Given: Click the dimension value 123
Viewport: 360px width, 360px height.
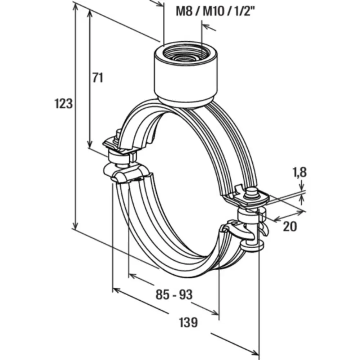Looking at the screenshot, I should click(x=64, y=104).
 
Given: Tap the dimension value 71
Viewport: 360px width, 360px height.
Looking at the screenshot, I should click(x=97, y=77).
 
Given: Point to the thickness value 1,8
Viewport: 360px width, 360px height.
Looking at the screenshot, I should click(x=299, y=172).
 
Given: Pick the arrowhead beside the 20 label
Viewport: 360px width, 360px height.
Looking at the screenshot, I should click(x=277, y=218).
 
